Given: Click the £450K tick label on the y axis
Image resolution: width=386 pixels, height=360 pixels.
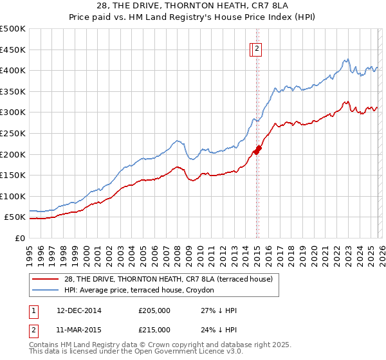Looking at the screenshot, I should pos(13,50).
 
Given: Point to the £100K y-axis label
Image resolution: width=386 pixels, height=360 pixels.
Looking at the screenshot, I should pos(13,196).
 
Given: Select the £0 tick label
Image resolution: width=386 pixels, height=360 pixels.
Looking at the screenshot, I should pos(20,238).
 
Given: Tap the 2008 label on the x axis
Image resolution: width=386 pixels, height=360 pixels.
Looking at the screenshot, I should pos(178,251).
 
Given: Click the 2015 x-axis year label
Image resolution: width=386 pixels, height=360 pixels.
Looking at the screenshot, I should pos(257,251).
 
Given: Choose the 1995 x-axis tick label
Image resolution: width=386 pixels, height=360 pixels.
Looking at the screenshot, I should pos(30,251).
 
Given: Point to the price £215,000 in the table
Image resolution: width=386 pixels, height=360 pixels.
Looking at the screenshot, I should pos(154,330).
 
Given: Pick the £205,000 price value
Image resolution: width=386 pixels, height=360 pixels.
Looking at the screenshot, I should pos(154,310).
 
